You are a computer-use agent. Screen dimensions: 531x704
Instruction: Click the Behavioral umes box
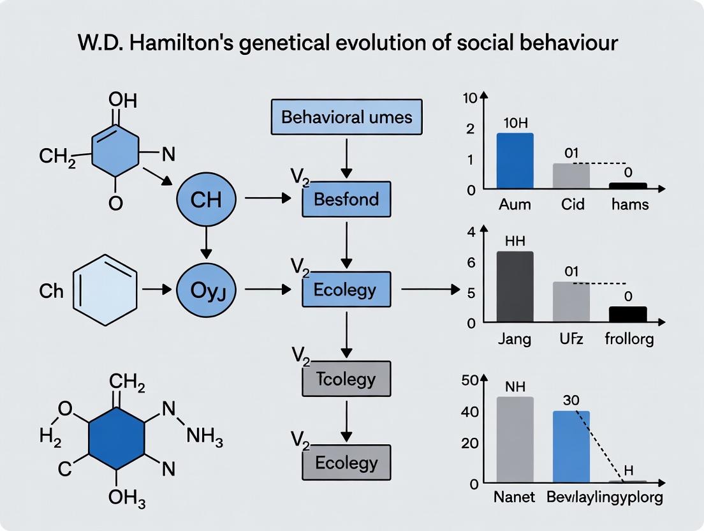click(x=346, y=117)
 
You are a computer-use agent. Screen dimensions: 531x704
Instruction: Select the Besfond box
click(x=346, y=199)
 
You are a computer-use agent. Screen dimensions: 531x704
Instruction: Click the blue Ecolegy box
click(x=346, y=290)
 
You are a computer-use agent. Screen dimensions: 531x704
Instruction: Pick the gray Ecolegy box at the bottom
click(x=346, y=463)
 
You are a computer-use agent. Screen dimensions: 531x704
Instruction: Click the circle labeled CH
click(x=205, y=200)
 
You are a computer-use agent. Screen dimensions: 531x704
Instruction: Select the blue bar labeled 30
click(x=571, y=447)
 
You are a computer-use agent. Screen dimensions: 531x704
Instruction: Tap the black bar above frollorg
click(x=627, y=314)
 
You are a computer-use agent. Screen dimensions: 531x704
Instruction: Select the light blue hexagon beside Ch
click(x=105, y=290)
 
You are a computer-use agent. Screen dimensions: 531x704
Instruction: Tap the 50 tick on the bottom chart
click(x=469, y=381)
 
